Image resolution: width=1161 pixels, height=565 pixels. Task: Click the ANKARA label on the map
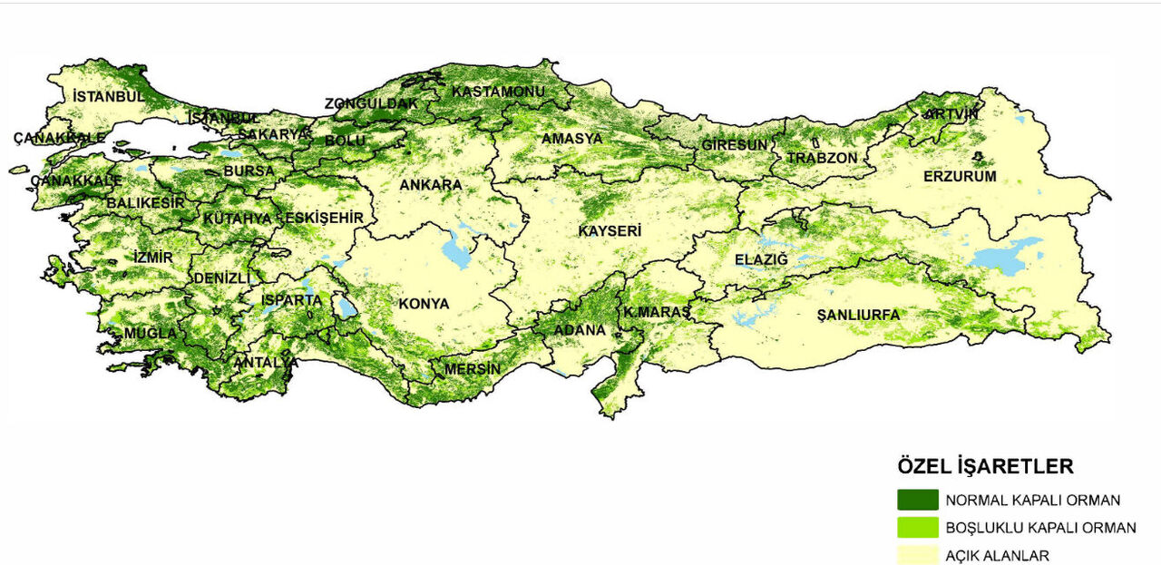(x=431, y=185)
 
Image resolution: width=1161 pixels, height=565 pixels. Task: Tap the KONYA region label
(x=424, y=304)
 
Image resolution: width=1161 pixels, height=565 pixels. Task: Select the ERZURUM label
(x=960, y=176)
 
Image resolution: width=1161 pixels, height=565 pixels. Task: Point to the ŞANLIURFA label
(x=858, y=315)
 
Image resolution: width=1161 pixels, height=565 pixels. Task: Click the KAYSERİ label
(x=610, y=231)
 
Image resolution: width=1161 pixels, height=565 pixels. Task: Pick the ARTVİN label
(x=951, y=114)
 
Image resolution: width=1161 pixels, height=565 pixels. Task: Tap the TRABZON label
(x=822, y=158)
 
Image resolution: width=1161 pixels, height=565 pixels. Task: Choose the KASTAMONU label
(x=498, y=92)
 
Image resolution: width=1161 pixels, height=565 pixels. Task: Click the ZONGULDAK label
(x=372, y=103)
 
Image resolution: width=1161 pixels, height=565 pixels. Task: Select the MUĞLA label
(x=151, y=333)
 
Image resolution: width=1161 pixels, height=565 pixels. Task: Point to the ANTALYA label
(x=266, y=363)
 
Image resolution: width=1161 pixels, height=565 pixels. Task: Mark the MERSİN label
(x=472, y=369)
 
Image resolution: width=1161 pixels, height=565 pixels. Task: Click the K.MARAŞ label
(x=657, y=312)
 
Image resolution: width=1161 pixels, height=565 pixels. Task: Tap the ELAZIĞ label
(x=762, y=260)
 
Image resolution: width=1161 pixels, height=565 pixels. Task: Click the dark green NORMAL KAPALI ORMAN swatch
(x=917, y=500)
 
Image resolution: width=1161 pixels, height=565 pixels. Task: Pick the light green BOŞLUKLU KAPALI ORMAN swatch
(x=917, y=528)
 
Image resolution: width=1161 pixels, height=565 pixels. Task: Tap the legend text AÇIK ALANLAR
(x=998, y=556)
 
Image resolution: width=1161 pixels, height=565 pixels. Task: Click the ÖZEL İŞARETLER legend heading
(x=985, y=467)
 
